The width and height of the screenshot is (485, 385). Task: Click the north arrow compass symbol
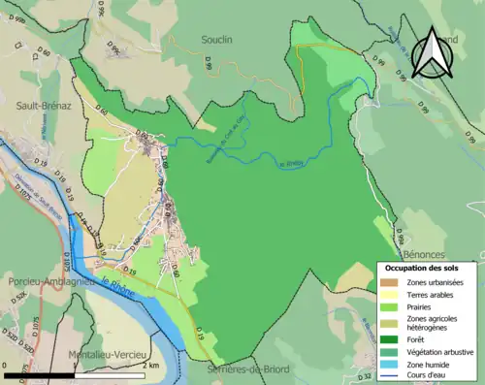[x=434, y=53]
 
